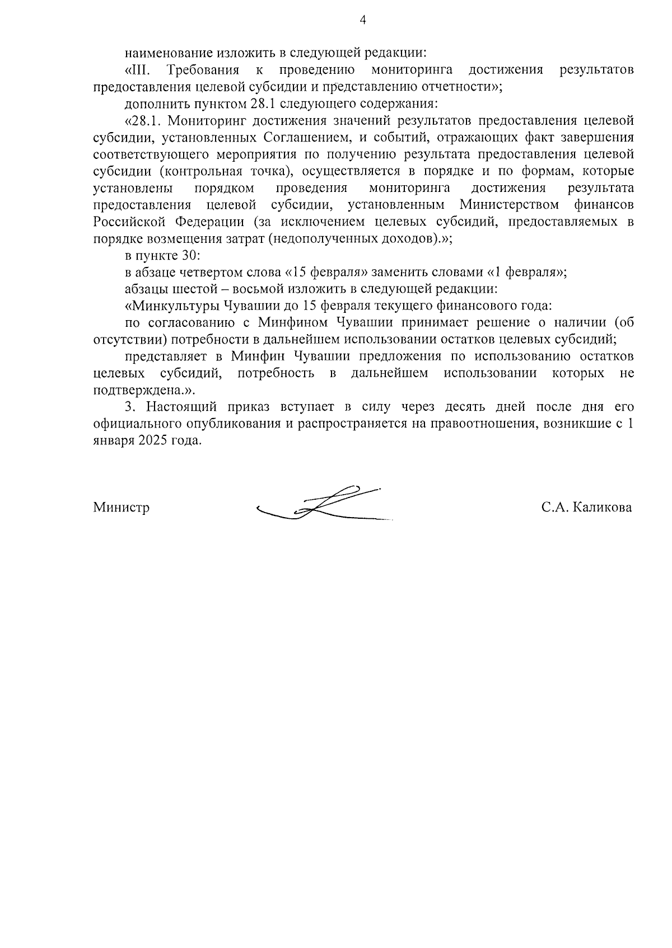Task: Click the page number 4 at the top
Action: [362, 21]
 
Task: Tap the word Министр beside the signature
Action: [121, 508]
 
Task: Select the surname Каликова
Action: [603, 508]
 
